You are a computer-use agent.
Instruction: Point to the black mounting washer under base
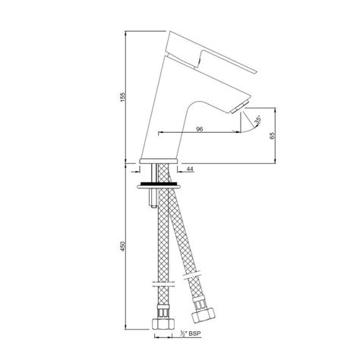(x=159, y=183)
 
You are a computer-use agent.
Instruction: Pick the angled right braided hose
(x=186, y=235)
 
